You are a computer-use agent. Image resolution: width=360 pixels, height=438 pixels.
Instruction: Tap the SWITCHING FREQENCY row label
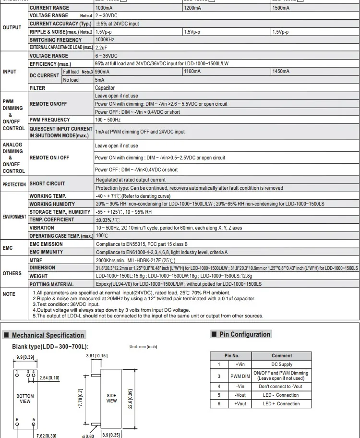[x=56, y=40]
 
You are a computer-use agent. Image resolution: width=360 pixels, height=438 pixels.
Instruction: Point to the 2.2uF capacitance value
[x=101, y=48]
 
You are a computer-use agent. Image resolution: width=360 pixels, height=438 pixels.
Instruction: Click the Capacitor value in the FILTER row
[x=105, y=88]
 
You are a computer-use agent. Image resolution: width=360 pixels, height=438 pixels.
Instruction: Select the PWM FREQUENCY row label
[x=50, y=120]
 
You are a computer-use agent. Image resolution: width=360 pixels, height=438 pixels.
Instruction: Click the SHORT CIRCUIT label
[x=47, y=184]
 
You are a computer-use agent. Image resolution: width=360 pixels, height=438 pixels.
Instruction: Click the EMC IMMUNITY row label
[x=47, y=252]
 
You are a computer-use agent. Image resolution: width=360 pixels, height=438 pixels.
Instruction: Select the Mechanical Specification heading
[x=48, y=335]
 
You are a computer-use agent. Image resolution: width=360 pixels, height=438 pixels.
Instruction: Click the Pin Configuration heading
[x=245, y=334]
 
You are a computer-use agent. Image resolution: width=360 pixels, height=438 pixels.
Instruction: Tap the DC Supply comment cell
[x=281, y=365]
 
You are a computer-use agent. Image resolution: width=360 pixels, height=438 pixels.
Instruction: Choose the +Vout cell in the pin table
[x=240, y=404]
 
